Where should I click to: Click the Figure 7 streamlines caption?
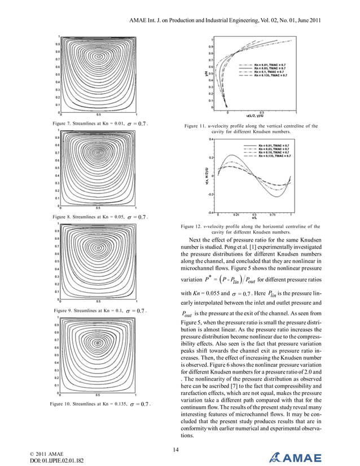(99, 122)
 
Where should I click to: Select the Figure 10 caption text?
(99, 403)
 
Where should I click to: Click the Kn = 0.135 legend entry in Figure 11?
(271, 75)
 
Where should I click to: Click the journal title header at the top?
(225, 21)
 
